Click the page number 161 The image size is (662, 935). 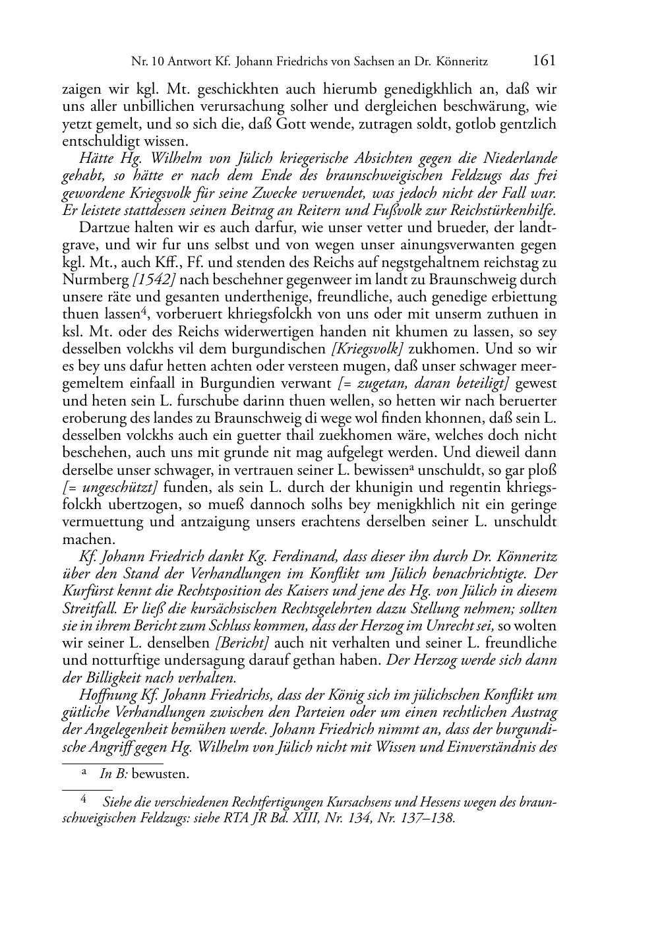(x=543, y=61)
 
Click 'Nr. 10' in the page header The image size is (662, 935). (x=147, y=63)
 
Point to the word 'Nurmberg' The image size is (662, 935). (x=96, y=280)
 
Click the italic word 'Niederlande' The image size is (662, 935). (x=521, y=158)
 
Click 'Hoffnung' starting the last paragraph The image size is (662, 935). (x=105, y=695)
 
